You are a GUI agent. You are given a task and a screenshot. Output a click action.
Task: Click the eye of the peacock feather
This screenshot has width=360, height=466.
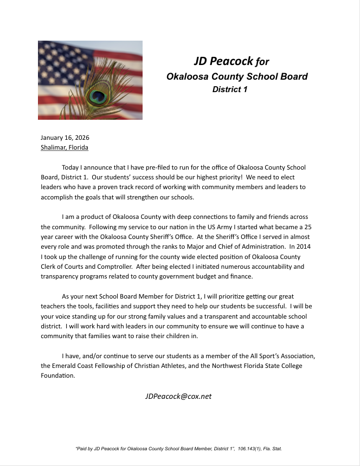click(x=98, y=97)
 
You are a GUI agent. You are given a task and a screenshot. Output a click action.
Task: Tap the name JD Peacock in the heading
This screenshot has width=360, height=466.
click(x=223, y=61)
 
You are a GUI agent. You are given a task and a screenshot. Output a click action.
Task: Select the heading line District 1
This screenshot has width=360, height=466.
click(x=230, y=89)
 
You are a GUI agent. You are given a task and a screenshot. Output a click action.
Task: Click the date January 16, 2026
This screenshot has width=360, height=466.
click(x=65, y=138)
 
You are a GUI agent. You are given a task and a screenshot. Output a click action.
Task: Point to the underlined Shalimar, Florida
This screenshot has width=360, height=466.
click(x=65, y=147)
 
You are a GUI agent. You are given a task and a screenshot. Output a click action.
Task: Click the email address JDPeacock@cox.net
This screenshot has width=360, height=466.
click(x=178, y=396)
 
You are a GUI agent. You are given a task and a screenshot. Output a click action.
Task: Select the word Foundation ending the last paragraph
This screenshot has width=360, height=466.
click(x=57, y=376)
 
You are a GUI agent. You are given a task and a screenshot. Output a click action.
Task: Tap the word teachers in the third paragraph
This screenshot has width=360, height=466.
click(x=54, y=306)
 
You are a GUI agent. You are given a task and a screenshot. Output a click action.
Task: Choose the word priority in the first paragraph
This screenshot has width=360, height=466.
click(x=222, y=177)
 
